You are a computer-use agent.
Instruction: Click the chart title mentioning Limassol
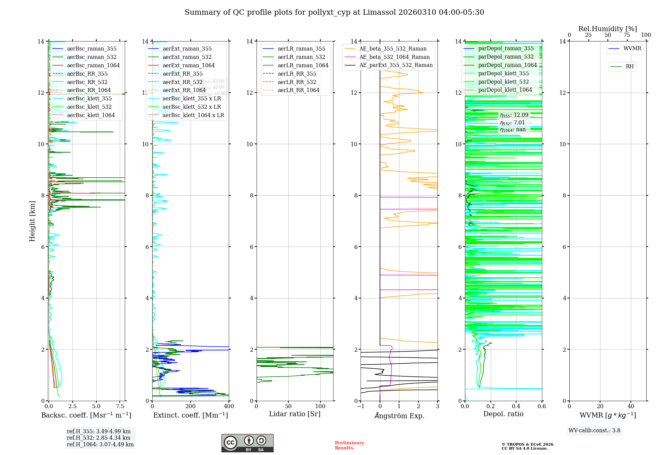click(334, 12)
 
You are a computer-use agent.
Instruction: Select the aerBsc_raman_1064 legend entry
click(93, 65)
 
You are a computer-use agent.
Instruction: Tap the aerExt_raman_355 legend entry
click(187, 49)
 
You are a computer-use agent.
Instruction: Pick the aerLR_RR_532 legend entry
click(297, 82)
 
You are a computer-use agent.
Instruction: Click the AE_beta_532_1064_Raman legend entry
click(394, 57)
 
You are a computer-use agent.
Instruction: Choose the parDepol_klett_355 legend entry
click(503, 73)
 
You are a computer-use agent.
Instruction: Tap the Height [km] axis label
click(32, 221)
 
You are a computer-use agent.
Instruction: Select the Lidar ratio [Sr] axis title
click(295, 414)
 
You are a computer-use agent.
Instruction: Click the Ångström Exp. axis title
click(399, 416)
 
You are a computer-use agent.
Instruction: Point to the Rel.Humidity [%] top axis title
click(607, 29)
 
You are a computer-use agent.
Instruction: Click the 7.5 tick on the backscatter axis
click(120, 406)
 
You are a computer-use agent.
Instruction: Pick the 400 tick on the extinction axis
click(229, 406)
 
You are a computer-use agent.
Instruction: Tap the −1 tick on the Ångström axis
click(361, 406)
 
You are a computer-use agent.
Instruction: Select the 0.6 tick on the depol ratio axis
click(542, 406)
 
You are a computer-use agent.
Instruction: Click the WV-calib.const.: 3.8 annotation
click(594, 431)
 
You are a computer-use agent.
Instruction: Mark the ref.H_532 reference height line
click(98, 438)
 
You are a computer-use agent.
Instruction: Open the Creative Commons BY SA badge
click(247, 443)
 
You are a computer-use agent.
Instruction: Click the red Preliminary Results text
click(349, 445)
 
